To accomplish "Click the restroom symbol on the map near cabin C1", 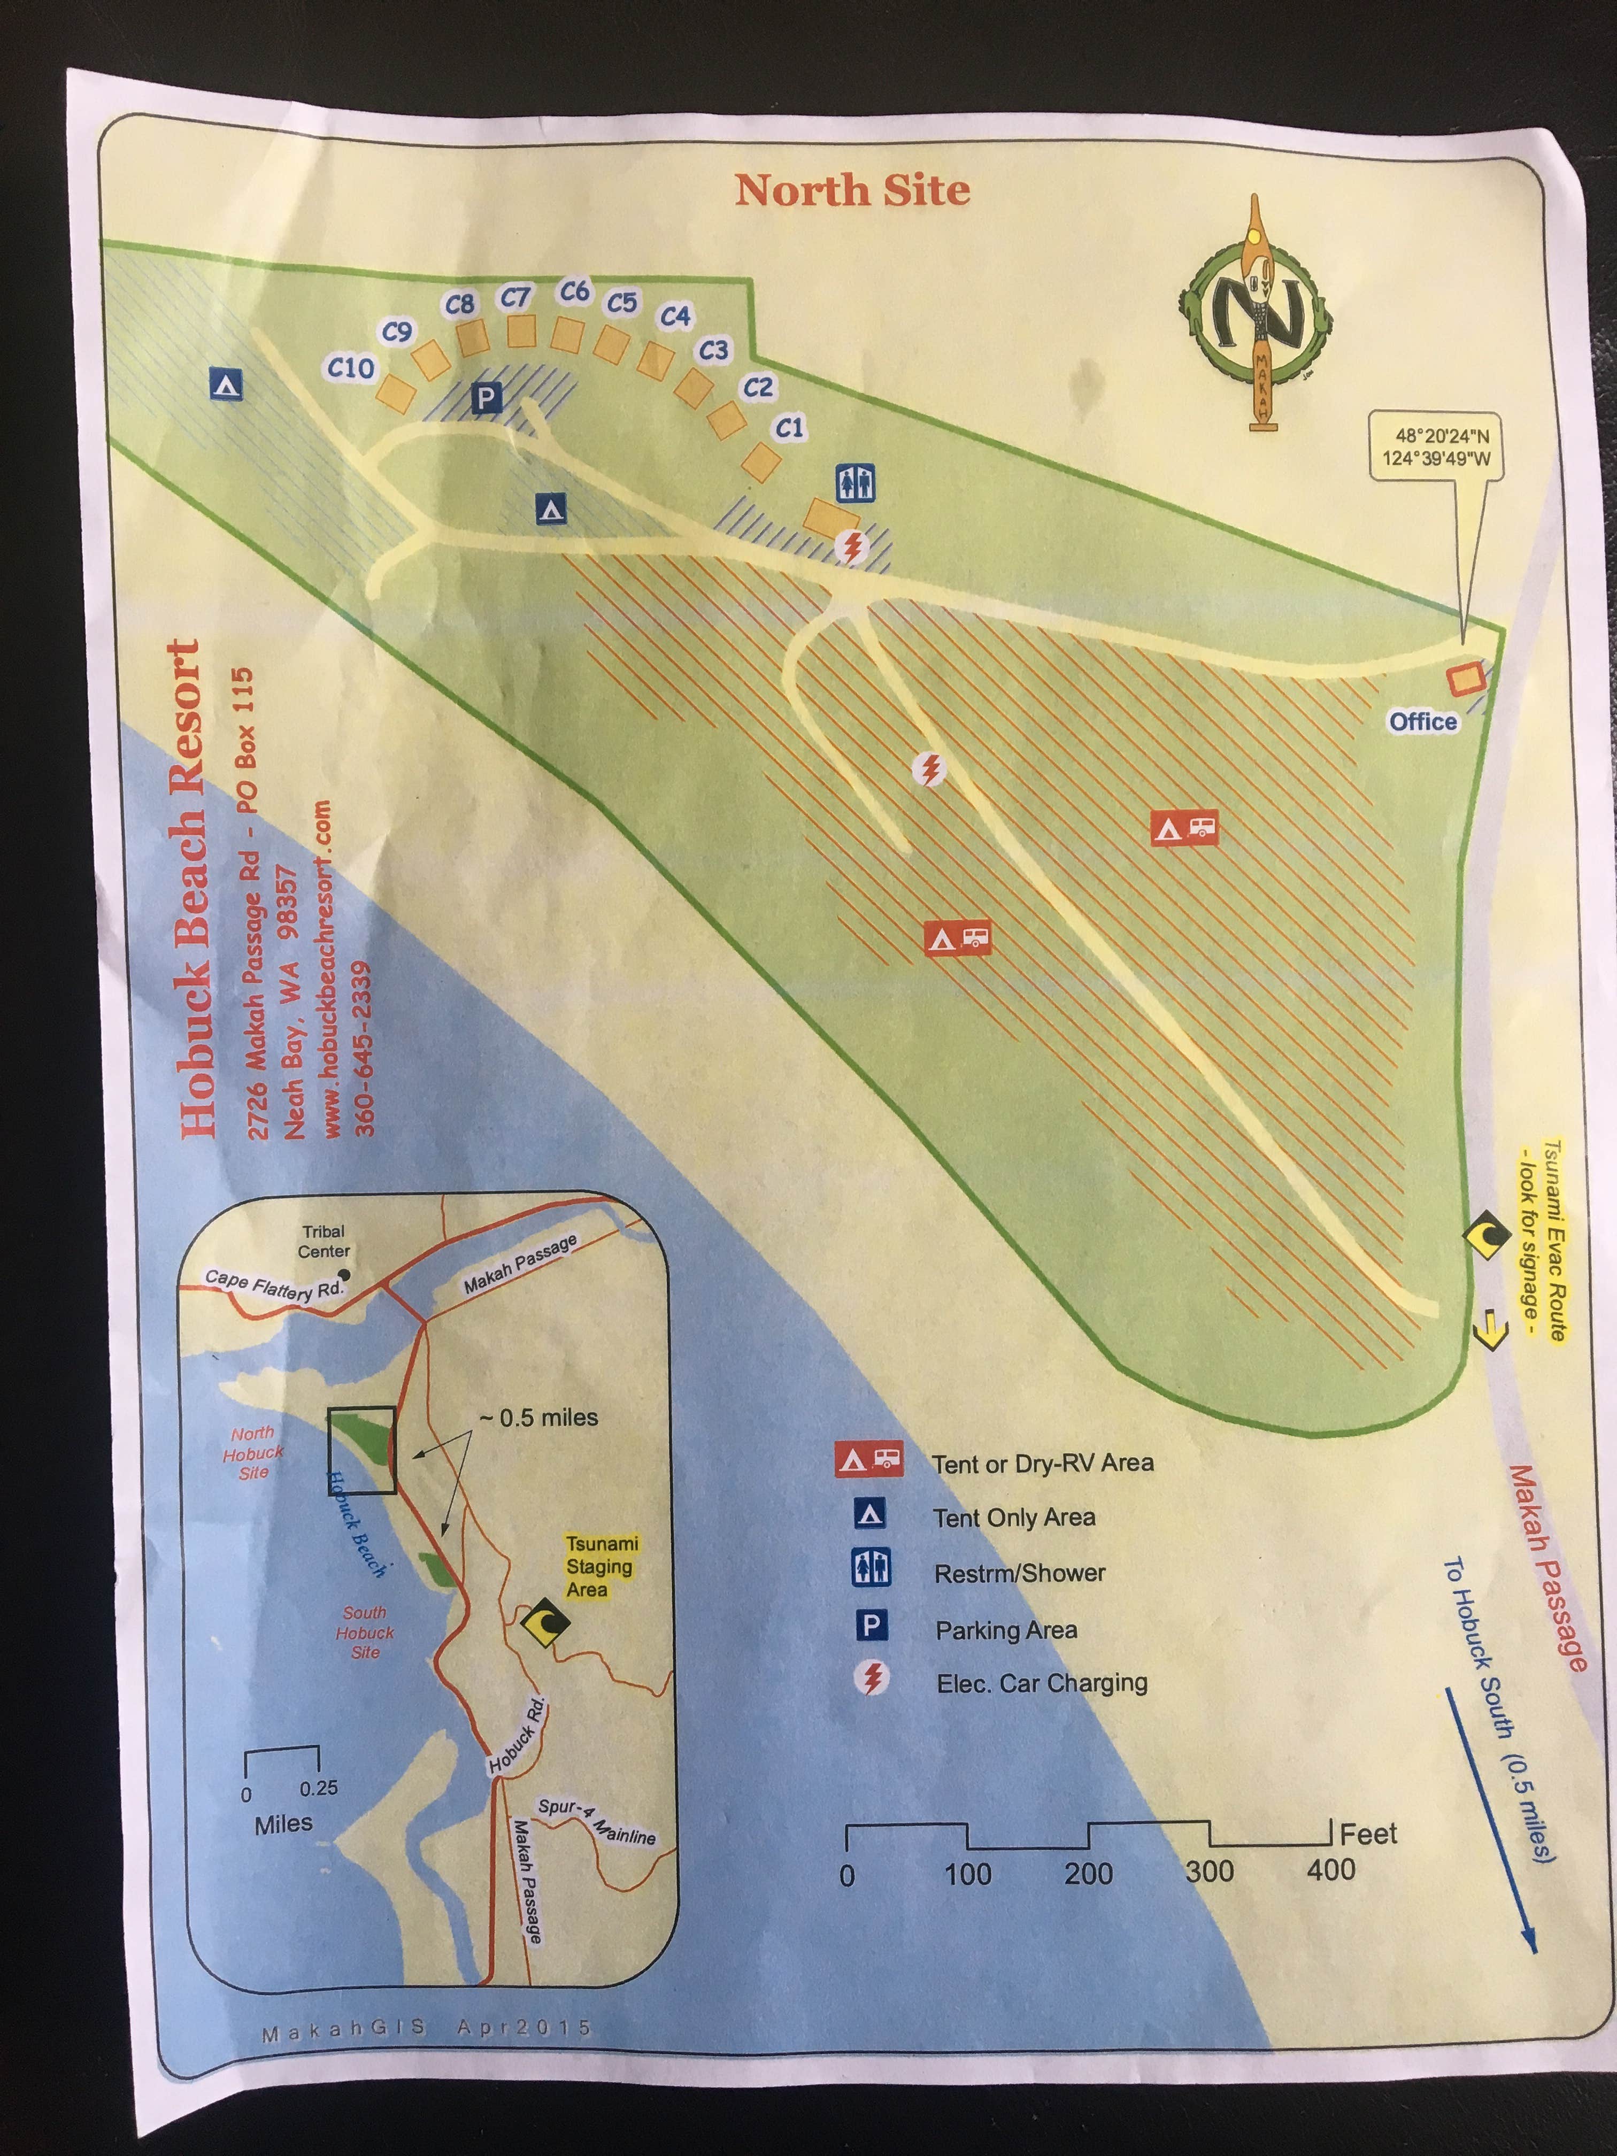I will tap(855, 483).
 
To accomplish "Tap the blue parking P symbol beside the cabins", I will tap(486, 397).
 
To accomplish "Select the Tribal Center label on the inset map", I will tap(324, 1241).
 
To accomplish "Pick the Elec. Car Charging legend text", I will tap(1041, 1683).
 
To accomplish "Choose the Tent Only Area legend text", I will tap(1014, 1518).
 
